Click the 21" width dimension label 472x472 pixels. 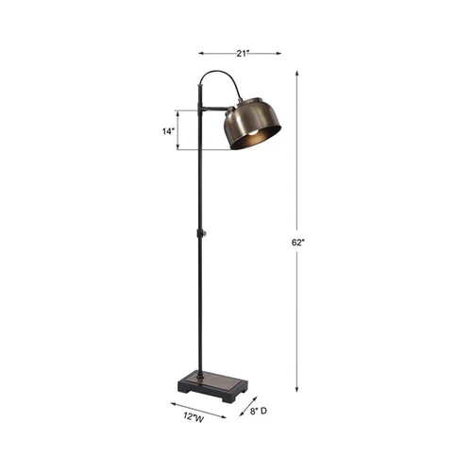pos(241,54)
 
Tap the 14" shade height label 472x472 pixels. pos(168,132)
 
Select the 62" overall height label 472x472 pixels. pos(298,243)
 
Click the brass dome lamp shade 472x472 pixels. pos(251,122)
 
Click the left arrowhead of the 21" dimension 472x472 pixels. pos(201,54)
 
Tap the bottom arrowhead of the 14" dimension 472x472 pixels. pos(177,148)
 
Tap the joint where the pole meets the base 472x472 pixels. pos(200,375)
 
